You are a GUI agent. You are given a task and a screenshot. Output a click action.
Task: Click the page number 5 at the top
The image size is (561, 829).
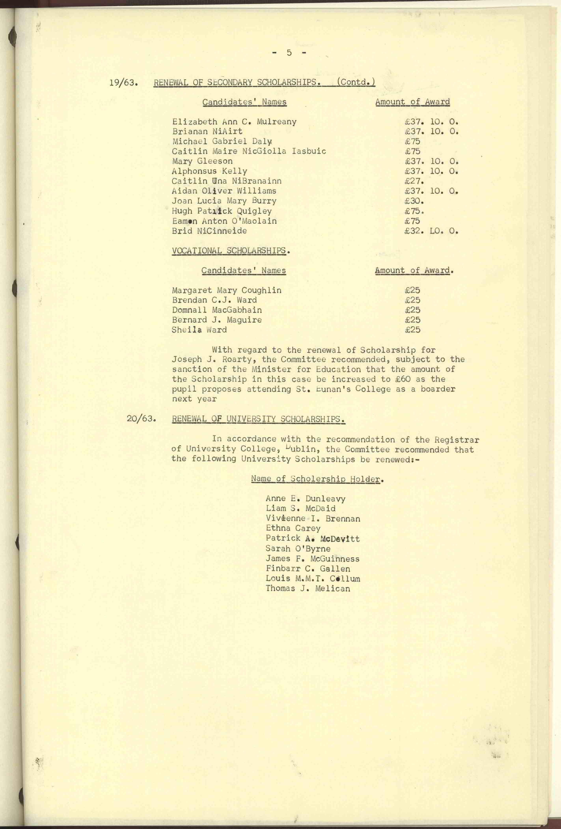click(x=289, y=53)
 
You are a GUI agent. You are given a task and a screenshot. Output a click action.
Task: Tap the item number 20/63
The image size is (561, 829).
click(x=142, y=418)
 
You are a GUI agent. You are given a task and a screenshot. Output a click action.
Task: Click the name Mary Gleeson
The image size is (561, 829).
click(x=202, y=161)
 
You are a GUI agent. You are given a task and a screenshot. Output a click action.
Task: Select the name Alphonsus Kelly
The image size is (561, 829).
click(x=209, y=171)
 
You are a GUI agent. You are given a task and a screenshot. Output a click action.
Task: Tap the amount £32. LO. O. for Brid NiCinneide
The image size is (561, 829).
click(x=431, y=231)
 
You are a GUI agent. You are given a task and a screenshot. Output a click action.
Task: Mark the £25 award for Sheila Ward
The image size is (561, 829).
click(x=413, y=330)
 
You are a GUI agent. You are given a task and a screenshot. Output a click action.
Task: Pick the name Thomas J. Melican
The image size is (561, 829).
click(x=308, y=588)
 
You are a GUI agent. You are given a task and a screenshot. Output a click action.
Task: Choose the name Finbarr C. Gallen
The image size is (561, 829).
click(x=308, y=569)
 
